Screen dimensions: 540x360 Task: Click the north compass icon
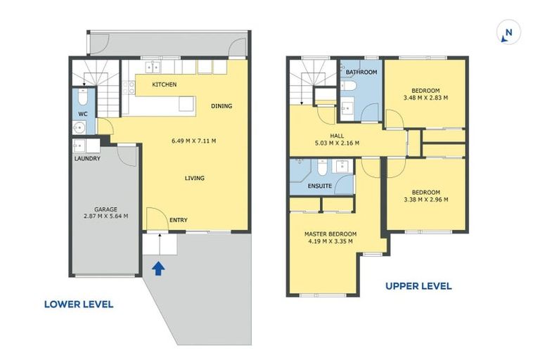508,32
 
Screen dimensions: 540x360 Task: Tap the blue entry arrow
158,269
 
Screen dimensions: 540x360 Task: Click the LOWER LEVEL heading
79,304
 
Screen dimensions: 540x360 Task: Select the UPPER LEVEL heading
418,286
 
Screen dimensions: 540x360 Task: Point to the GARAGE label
105,210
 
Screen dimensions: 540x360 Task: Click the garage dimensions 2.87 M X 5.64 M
105,217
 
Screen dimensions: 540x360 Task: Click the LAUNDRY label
87,158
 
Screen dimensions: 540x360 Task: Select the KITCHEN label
165,84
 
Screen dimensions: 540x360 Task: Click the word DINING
221,106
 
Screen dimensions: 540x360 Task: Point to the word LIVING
195,178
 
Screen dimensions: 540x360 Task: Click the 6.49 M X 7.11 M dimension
194,141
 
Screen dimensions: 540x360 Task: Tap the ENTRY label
179,220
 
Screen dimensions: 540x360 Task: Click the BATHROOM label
361,72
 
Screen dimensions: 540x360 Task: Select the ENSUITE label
320,186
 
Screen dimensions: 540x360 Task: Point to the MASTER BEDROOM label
330,234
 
